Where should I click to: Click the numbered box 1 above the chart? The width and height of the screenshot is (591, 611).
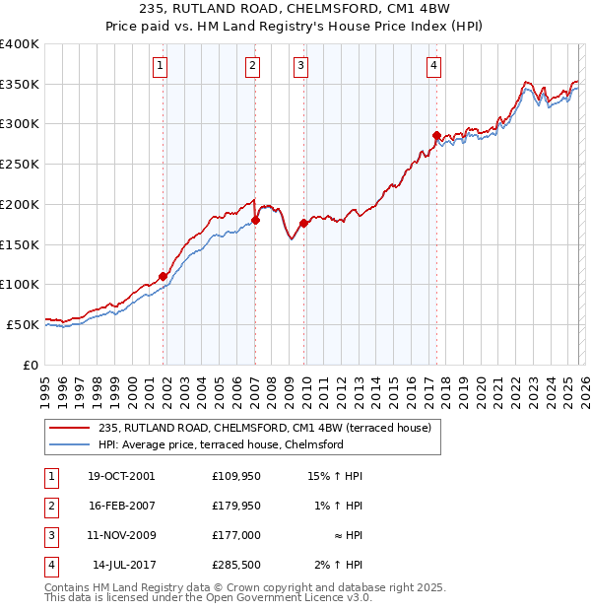160,66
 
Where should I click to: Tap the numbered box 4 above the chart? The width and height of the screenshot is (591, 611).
433,66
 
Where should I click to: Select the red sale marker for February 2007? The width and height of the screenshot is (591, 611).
255,221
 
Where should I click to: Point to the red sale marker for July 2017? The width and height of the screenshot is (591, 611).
436,135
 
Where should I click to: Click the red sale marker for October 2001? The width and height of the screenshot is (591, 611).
163,277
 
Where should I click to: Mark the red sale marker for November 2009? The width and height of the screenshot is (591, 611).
303,223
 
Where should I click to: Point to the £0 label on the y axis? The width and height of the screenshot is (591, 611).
31,365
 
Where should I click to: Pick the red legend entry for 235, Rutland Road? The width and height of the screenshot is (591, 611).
264,428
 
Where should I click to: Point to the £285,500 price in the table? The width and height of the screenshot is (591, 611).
235,565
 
